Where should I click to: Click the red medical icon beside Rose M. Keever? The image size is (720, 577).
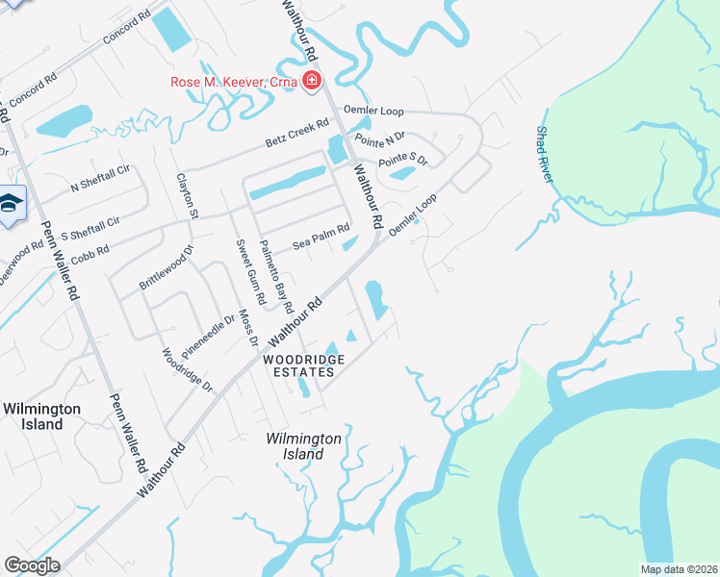[311, 81]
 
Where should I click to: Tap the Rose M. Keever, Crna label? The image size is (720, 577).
[234, 82]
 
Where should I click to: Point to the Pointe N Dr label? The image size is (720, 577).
[382, 140]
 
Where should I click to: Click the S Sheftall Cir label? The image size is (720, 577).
[90, 228]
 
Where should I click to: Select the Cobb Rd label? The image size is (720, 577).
[90, 249]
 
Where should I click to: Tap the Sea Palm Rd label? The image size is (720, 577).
[321, 238]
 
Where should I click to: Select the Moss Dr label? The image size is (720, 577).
[249, 327]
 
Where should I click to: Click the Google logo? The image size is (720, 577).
[32, 565]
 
